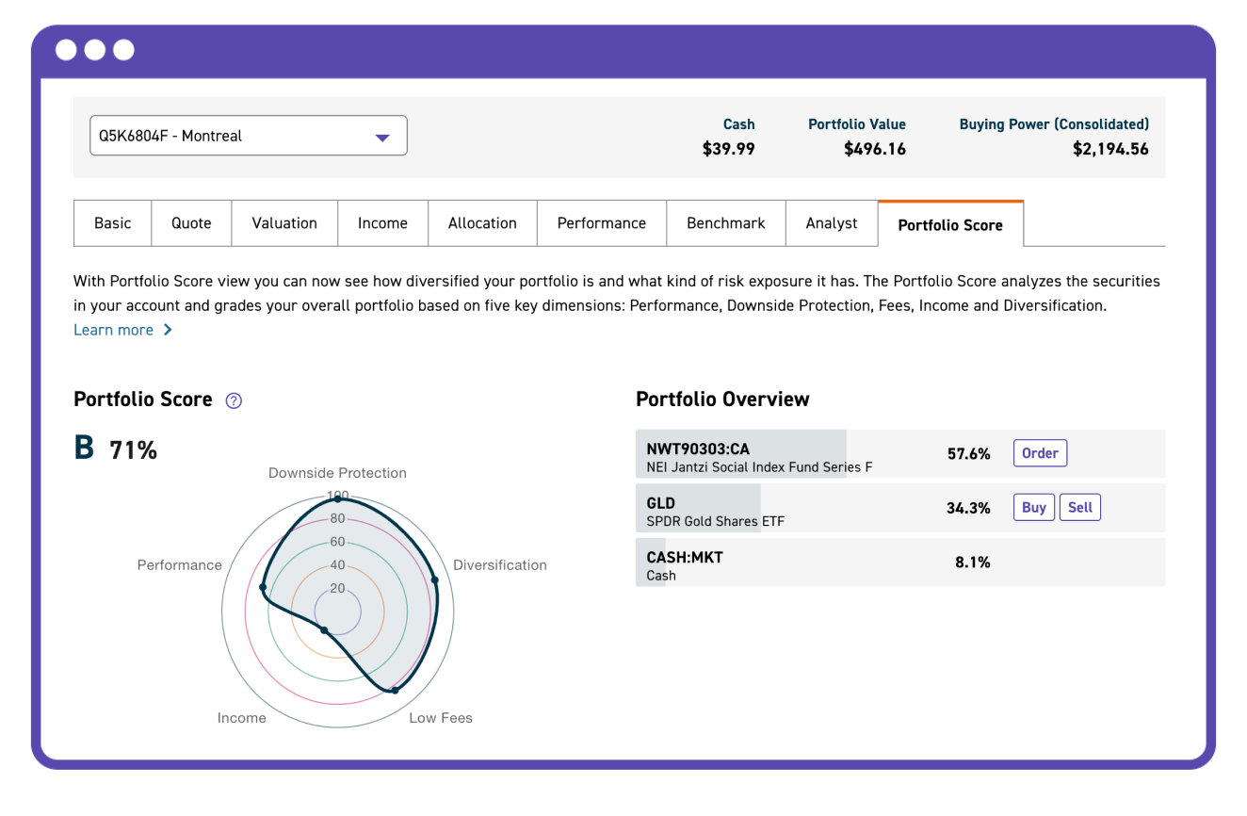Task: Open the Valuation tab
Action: [284, 223]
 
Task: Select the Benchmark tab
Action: [725, 223]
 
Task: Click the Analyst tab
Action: [832, 223]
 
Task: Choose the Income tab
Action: [382, 223]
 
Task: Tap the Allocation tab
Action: [482, 223]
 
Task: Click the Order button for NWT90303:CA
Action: [1040, 453]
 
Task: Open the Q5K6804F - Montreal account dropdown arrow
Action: [382, 138]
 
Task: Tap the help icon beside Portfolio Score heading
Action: [235, 400]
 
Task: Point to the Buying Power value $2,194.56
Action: [1110, 149]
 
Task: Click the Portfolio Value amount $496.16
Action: [875, 149]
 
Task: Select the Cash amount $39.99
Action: [728, 149]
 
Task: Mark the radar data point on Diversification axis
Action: [434, 580]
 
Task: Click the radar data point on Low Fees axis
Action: [395, 691]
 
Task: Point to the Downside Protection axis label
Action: [337, 473]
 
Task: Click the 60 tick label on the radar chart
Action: [337, 543]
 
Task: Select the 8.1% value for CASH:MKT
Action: [972, 563]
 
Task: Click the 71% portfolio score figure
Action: [133, 450]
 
